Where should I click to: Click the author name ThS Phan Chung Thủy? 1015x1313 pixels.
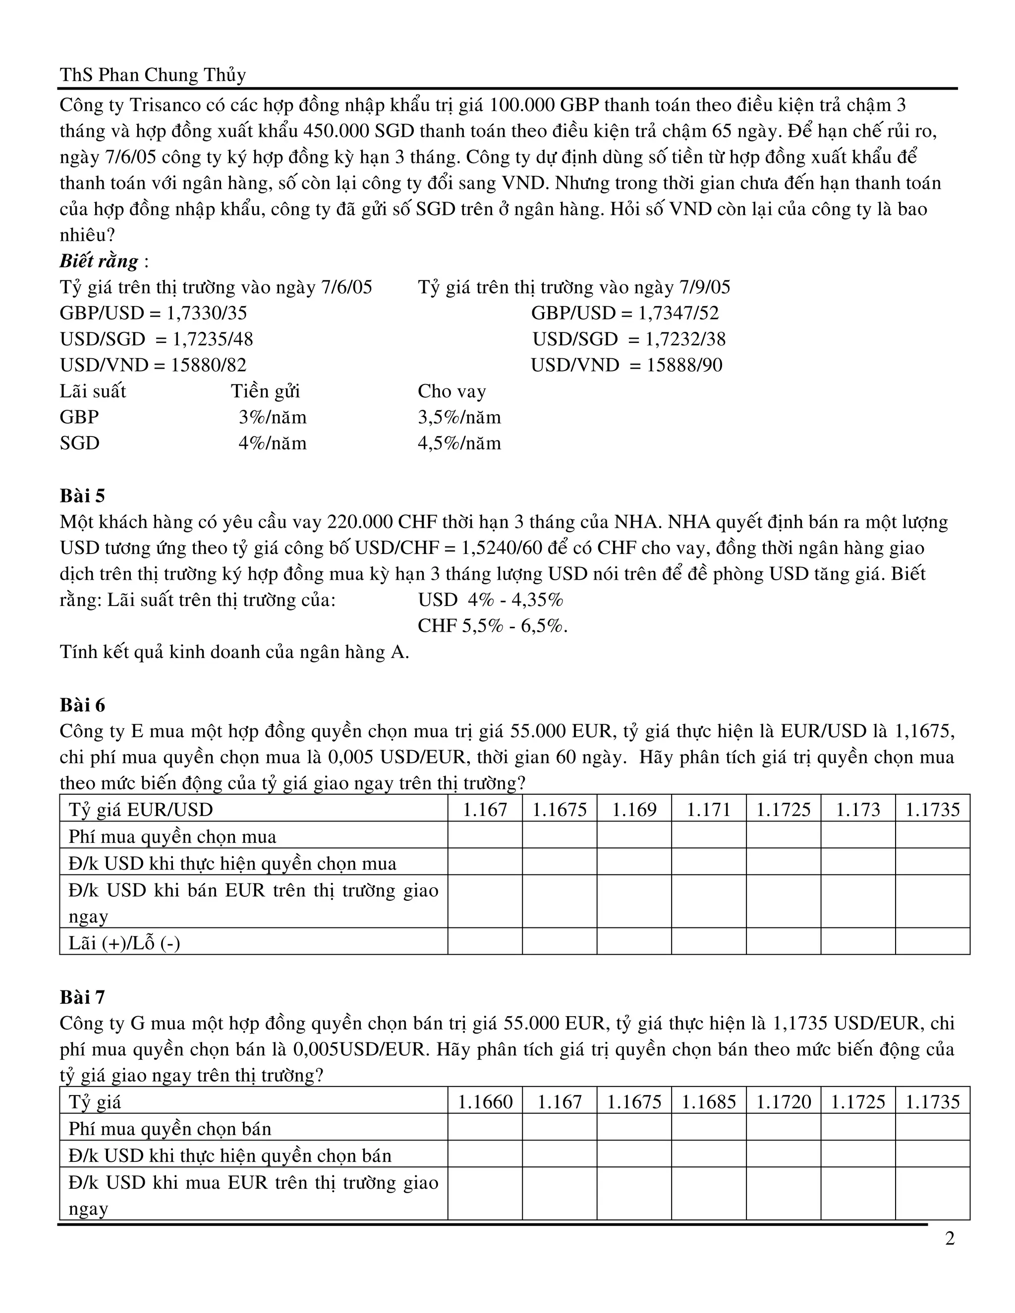click(153, 75)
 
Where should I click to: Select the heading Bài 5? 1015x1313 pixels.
click(82, 496)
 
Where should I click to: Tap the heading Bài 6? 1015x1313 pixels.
click(82, 705)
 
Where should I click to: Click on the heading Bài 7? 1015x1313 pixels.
click(82, 997)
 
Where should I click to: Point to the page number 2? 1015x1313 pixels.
click(950, 1239)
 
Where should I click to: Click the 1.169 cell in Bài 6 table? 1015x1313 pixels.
click(634, 810)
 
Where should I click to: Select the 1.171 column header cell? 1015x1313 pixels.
click(708, 810)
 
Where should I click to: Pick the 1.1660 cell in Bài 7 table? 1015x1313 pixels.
click(485, 1102)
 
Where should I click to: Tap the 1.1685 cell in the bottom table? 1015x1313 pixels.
click(708, 1102)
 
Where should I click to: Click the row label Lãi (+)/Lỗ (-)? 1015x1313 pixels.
click(124, 943)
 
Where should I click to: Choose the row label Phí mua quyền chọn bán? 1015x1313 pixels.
click(170, 1128)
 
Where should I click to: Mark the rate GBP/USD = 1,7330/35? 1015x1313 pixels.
click(153, 313)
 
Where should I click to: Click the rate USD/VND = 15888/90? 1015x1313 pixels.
click(626, 366)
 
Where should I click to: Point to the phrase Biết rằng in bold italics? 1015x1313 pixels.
click(99, 261)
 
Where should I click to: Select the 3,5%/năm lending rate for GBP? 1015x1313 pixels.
click(459, 417)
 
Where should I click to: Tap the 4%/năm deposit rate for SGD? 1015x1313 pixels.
click(273, 443)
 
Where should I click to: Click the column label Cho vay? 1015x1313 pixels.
click(451, 391)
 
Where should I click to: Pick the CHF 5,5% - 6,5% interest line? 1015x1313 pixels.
click(493, 626)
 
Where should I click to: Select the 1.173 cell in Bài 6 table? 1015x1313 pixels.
click(857, 810)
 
